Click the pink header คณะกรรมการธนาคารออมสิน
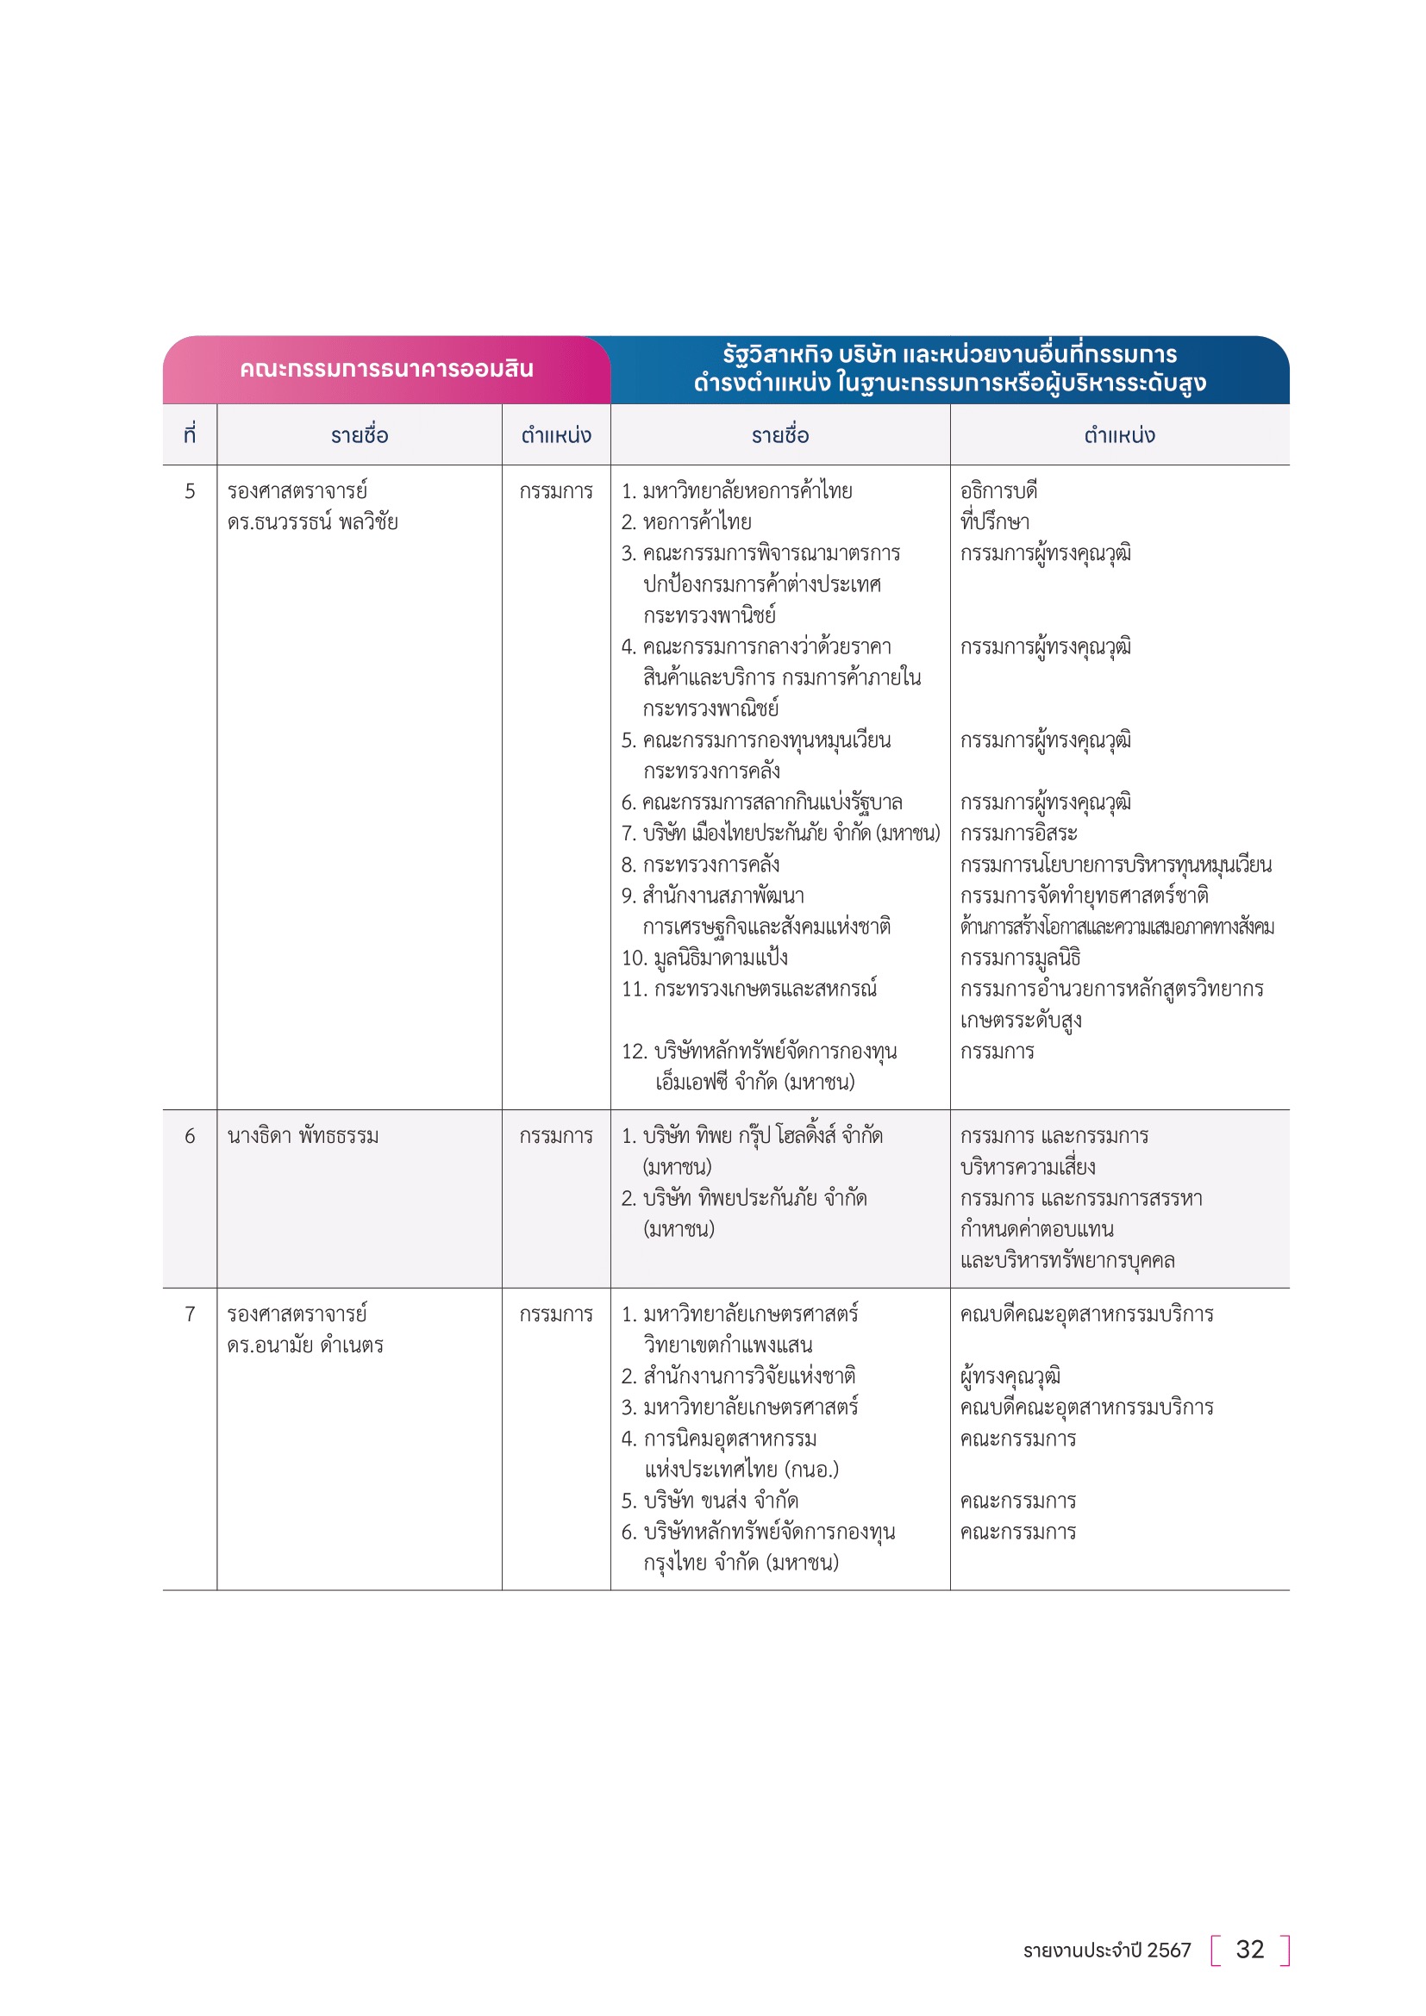coord(386,369)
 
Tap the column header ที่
coord(190,434)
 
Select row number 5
coord(190,490)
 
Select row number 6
coord(190,1135)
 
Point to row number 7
coord(190,1314)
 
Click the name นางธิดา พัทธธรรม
coord(303,1135)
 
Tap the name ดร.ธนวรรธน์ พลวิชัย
coord(313,522)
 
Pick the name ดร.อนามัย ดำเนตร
coord(305,1345)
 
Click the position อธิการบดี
coord(998,490)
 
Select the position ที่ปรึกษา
coord(995,522)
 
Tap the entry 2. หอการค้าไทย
coord(686,522)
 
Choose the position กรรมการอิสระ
coord(1018,833)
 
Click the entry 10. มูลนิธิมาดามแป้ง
coord(704,958)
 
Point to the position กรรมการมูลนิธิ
coord(1020,958)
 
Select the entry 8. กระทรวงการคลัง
coord(701,864)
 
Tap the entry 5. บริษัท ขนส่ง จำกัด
coord(710,1501)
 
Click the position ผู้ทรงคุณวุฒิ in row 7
coord(1010,1376)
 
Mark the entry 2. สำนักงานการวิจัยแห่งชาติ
coord(739,1376)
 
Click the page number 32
coord(1249,1950)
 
